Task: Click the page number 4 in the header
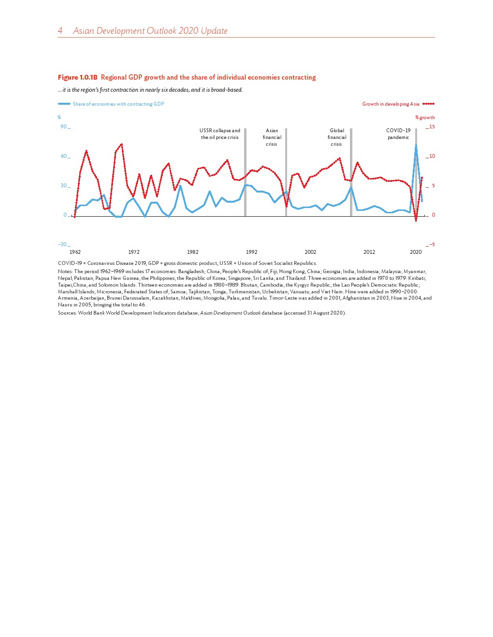click(x=60, y=31)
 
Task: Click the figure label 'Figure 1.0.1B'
click(x=78, y=77)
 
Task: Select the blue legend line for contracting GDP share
click(x=64, y=104)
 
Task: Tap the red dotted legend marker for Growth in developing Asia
click(x=428, y=104)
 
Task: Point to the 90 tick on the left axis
click(x=64, y=127)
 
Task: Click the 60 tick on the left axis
click(x=64, y=156)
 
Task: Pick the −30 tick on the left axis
click(x=63, y=244)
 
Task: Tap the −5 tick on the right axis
click(x=432, y=245)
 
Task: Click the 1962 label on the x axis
click(x=75, y=252)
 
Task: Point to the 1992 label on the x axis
click(x=251, y=252)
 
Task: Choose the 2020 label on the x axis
click(x=416, y=252)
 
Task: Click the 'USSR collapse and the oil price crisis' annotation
click(x=220, y=134)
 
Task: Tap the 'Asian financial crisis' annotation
click(x=272, y=138)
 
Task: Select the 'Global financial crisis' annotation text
click(x=337, y=138)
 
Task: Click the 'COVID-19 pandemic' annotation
click(x=398, y=134)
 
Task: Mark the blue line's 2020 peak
click(x=416, y=145)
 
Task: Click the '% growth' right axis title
click(x=425, y=117)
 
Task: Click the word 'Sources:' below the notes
click(x=67, y=313)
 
